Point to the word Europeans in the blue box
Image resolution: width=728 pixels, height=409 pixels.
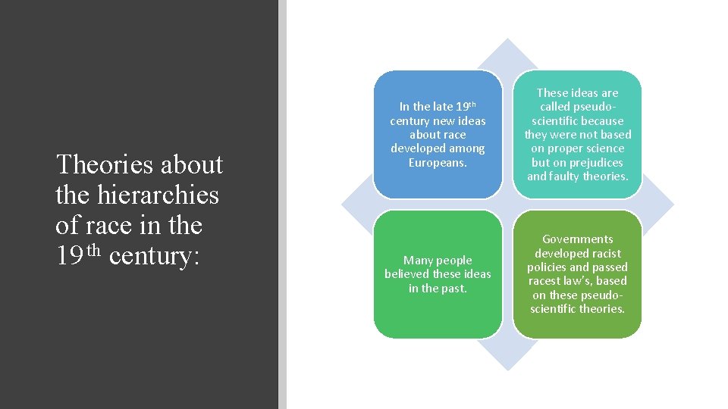click(x=438, y=163)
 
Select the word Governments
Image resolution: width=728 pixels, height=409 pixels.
click(x=578, y=239)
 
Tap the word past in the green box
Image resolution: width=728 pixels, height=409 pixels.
click(x=454, y=289)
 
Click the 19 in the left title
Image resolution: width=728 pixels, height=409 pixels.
click(x=69, y=256)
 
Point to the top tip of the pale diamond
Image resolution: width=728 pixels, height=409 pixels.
click(x=507, y=39)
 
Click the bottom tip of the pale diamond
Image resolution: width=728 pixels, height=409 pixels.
click(x=507, y=370)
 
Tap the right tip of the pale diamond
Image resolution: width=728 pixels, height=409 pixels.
click(x=673, y=204)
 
